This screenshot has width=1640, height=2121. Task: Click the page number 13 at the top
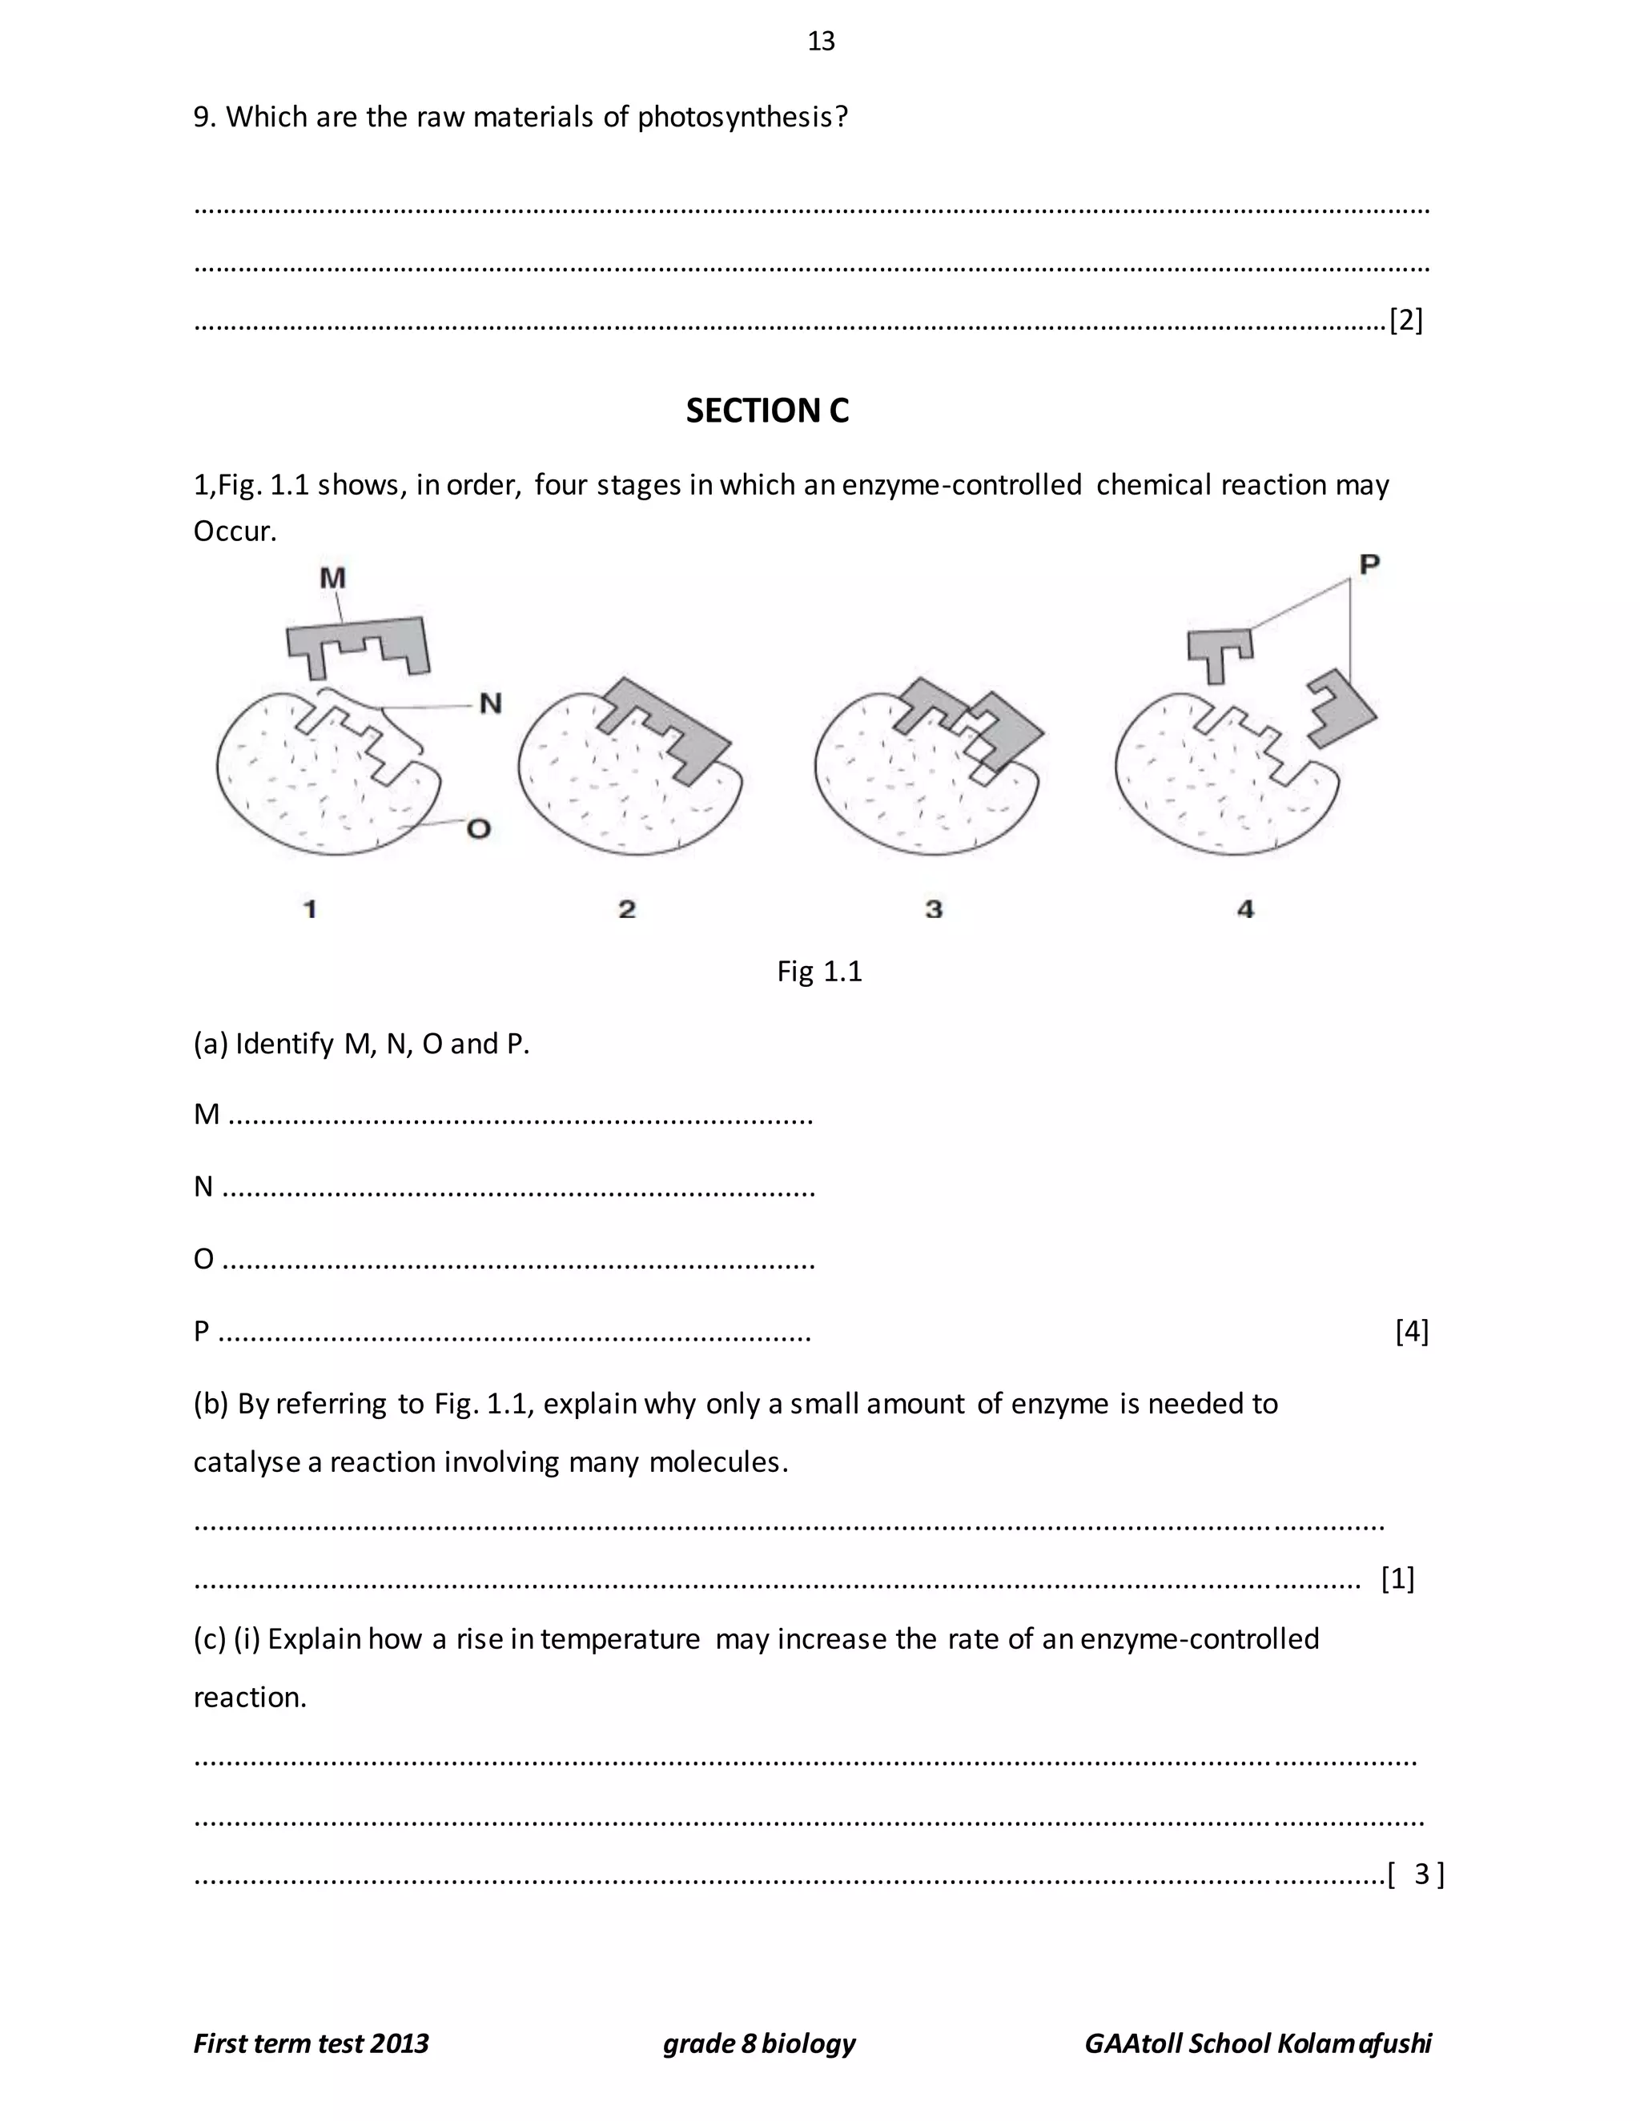pos(821,41)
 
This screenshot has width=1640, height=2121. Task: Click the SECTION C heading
pos(766,411)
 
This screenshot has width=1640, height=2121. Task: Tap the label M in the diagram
pos(332,578)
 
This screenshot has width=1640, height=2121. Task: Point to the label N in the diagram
pos(491,703)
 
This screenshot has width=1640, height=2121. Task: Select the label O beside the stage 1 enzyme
pos(478,828)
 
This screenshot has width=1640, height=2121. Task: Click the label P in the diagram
pos(1369,564)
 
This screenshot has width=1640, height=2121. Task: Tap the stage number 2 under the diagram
pos(627,909)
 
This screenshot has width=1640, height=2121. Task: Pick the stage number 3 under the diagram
pos(934,909)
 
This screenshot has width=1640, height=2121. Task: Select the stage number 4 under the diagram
pos(1245,909)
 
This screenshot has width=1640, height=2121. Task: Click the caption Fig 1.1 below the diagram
pos(819,971)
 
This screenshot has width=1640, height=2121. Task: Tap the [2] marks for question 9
pos(1406,319)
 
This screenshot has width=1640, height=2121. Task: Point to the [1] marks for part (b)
pos(1397,1578)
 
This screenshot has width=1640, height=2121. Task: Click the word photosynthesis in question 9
pos(742,118)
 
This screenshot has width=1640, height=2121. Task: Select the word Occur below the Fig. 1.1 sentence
pos(234,531)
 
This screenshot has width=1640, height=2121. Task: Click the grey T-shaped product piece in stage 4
pos(1218,651)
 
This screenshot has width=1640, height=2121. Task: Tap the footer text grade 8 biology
pos(759,2043)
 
